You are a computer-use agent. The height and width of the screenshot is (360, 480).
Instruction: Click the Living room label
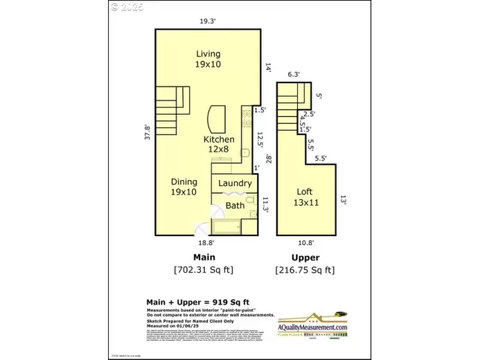tap(208, 59)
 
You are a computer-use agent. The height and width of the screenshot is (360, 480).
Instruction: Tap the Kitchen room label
tap(219, 144)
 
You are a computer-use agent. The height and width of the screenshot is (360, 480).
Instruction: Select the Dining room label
tap(184, 187)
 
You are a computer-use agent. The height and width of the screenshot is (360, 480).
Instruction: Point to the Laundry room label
tap(235, 183)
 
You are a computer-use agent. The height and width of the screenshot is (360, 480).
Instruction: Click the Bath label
tap(235, 205)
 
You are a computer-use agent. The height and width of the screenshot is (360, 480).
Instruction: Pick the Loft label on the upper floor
tap(304, 196)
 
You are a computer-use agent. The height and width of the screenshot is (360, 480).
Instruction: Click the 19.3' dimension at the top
tap(208, 22)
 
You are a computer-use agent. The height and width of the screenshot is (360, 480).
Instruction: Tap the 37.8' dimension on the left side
tap(148, 132)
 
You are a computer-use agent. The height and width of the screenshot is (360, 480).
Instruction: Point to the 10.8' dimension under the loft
tap(305, 243)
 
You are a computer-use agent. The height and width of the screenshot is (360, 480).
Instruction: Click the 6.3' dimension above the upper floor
tap(293, 74)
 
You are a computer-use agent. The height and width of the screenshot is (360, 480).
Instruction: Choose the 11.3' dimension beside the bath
tap(265, 204)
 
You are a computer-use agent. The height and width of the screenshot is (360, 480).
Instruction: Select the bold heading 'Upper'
tap(305, 257)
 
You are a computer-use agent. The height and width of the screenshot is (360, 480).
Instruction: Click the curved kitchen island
tap(216, 118)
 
